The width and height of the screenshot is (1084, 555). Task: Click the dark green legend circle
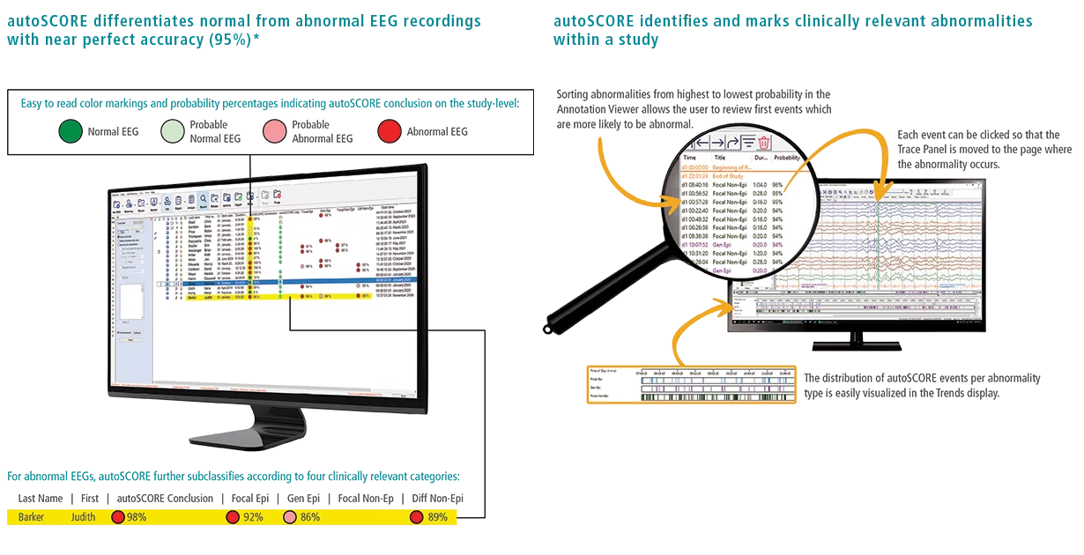click(x=71, y=133)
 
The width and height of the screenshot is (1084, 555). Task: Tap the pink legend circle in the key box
click(x=276, y=133)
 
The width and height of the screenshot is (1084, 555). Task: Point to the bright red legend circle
click(x=389, y=133)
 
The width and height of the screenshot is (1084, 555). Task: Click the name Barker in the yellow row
click(x=31, y=517)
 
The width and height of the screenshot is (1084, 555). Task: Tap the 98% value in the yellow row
click(x=137, y=517)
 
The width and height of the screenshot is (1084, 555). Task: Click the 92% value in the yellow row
click(x=253, y=517)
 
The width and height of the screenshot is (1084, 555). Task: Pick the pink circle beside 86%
click(x=290, y=517)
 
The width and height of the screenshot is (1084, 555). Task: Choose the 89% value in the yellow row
click(x=438, y=517)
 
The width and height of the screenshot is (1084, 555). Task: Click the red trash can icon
click(x=764, y=142)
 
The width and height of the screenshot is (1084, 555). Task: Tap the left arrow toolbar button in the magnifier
click(x=702, y=142)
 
